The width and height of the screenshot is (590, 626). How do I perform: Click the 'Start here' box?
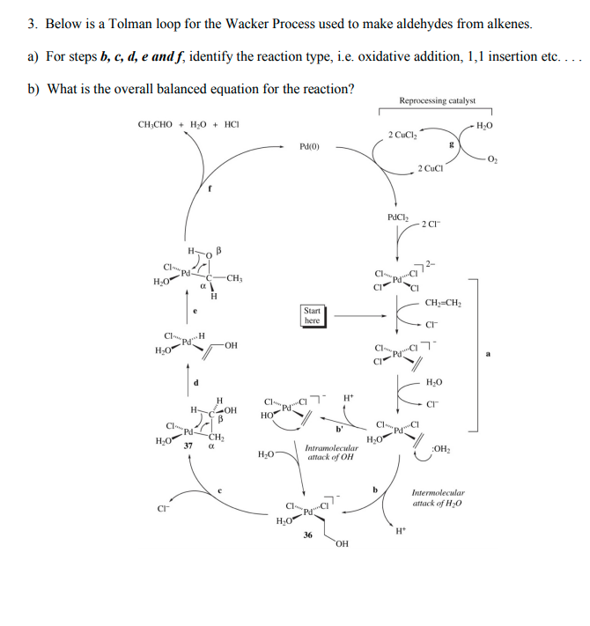[x=312, y=315]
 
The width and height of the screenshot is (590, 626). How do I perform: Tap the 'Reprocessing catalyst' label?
[x=437, y=101]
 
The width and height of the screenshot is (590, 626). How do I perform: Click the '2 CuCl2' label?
[x=401, y=135]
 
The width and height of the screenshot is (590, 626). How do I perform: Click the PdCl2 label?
[x=398, y=217]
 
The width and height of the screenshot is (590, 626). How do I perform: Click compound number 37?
[x=187, y=446]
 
